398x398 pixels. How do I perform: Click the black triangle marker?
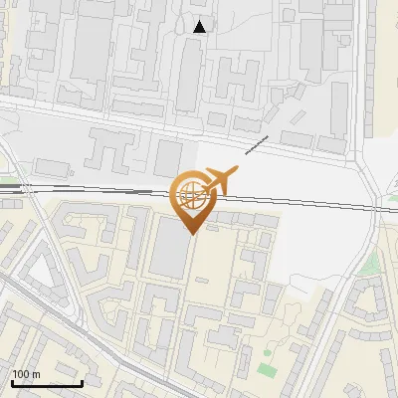(200, 27)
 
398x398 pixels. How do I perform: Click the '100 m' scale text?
(26, 374)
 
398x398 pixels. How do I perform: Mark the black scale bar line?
(47, 383)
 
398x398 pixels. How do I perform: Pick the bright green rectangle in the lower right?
(266, 369)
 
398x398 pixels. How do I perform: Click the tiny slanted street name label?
(258, 144)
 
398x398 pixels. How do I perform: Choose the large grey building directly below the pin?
(169, 249)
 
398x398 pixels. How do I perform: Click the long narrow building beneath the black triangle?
(189, 75)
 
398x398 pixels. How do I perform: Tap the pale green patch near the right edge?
(370, 263)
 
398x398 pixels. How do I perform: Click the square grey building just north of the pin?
(166, 157)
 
